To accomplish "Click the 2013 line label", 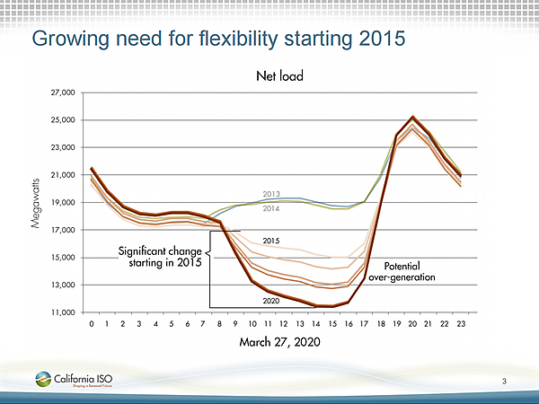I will [272, 194].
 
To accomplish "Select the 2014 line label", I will [272, 209].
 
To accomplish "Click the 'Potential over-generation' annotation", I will [409, 272].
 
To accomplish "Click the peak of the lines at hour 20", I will [413, 117].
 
